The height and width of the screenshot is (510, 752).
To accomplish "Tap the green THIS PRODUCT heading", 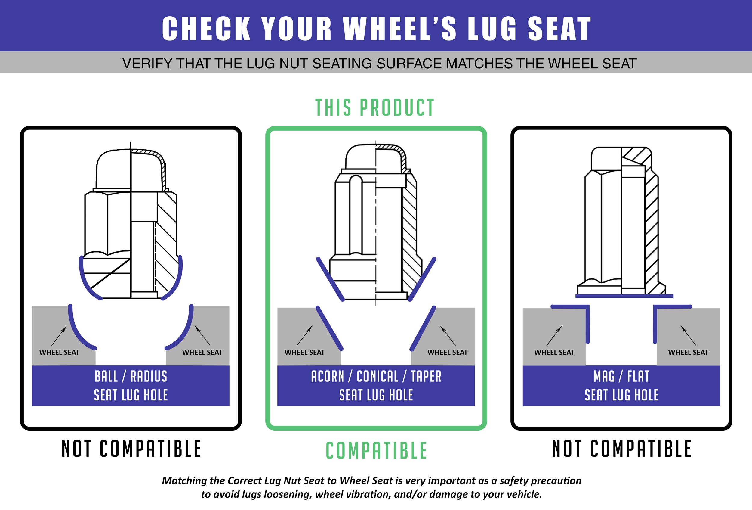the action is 375,107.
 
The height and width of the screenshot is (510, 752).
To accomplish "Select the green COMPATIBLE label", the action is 376,450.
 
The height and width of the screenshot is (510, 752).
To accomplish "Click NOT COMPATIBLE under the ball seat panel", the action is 131,449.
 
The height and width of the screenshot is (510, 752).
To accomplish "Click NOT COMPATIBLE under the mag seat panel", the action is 621,449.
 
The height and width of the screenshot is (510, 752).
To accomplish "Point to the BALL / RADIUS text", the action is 131,376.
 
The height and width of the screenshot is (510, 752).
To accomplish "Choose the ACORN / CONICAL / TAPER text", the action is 376,376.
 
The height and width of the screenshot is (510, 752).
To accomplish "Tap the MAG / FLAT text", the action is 621,376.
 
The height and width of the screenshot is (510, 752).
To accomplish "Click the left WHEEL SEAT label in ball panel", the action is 59,352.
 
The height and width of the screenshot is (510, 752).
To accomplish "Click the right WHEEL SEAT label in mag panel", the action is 688,352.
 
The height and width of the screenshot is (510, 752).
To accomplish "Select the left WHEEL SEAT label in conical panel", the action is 304,352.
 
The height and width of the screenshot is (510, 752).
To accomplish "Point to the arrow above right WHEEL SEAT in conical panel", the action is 448,335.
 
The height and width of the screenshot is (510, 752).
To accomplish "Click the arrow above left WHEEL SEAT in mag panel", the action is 554,335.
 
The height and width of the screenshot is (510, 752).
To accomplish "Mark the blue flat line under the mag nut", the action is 624,296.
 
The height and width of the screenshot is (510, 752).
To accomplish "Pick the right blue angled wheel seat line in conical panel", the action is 423,329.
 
